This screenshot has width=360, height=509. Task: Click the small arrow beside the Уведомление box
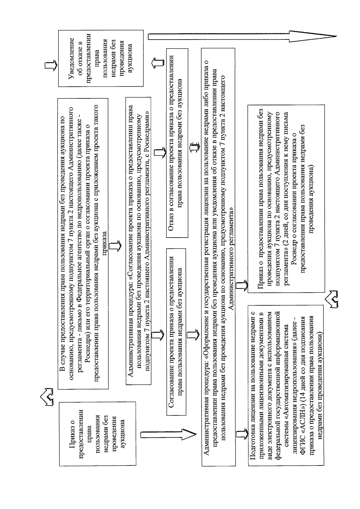[50, 66]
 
